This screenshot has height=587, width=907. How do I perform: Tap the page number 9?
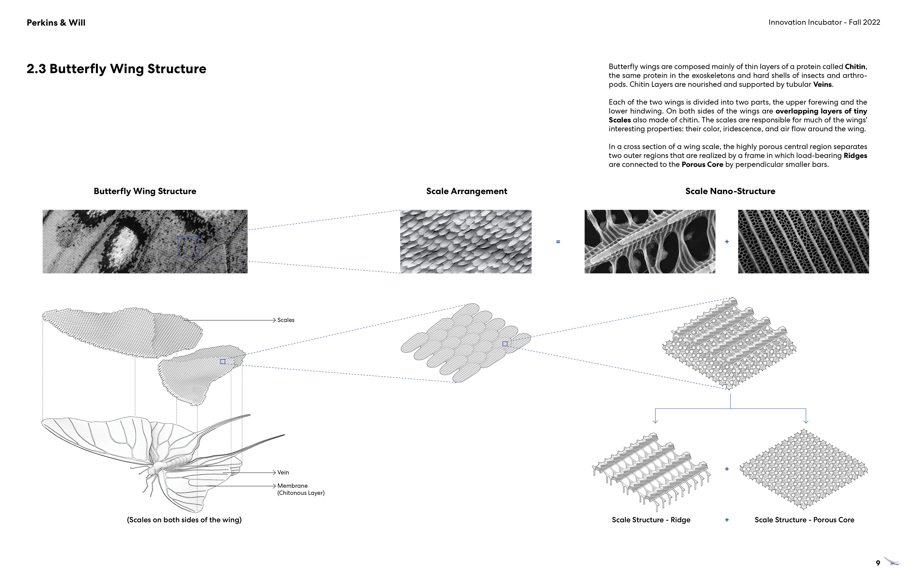pos(878,563)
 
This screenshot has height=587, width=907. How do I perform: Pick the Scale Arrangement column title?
pos(466,191)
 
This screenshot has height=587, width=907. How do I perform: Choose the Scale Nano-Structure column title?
pos(730,191)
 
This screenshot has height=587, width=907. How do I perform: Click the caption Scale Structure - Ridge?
pos(651,520)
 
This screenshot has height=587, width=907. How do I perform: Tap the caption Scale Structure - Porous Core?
pos(804,520)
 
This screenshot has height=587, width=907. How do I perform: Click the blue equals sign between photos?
pos(558,242)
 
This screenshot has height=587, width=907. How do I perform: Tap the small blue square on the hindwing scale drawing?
pos(223,361)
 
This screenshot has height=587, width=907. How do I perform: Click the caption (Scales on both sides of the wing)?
pos(184,520)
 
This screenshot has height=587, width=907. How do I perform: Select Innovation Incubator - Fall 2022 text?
pos(824,22)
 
